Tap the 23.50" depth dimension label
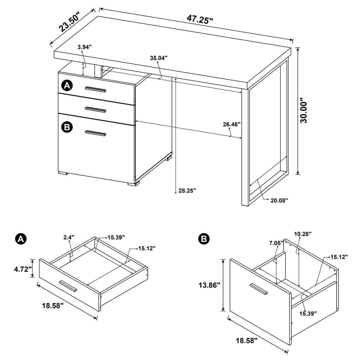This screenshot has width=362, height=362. click(69, 22)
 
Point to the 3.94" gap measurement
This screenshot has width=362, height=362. click(84, 47)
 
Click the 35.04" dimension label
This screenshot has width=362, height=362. click(159, 58)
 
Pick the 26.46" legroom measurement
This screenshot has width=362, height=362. click(232, 124)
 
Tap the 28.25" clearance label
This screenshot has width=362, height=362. click(187, 191)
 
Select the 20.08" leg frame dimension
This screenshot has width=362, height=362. click(279, 200)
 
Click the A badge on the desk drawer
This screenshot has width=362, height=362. click(67, 86)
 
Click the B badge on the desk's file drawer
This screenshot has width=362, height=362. click(67, 127)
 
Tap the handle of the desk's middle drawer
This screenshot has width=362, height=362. click(95, 109)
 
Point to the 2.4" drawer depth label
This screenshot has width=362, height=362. click(69, 237)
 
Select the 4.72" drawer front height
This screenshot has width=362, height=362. click(23, 269)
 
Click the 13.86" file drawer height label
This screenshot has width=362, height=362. click(209, 285)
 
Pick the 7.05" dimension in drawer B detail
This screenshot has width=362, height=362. click(276, 243)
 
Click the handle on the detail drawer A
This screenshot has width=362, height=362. click(68, 286)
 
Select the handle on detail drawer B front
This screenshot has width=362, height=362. click(258, 290)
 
